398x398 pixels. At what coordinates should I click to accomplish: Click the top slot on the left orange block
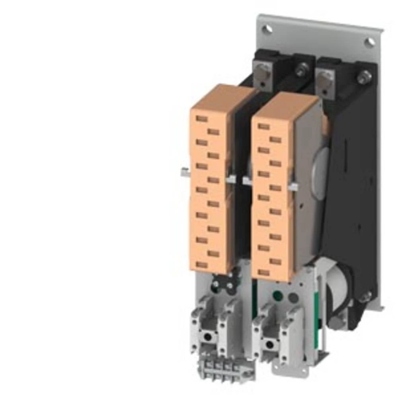[202, 119]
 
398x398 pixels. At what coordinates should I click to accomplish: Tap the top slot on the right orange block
[263, 126]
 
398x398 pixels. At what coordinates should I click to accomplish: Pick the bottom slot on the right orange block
[263, 273]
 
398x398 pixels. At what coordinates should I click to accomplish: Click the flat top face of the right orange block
[285, 104]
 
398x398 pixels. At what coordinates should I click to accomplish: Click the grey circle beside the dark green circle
[293, 297]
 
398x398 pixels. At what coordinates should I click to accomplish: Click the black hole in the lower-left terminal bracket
[207, 337]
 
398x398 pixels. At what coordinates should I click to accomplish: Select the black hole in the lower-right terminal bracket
[271, 343]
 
